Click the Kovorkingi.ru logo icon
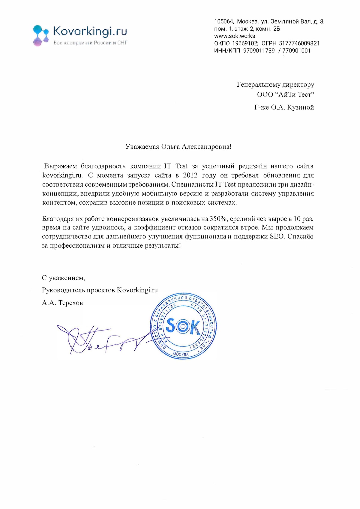point(40,35)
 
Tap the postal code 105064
point(223,22)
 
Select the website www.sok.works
point(234,36)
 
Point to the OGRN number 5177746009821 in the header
point(299,43)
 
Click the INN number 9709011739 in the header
point(259,50)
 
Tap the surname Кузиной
point(300,107)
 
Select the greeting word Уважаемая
point(142,147)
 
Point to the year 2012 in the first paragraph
point(190,175)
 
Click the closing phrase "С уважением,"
point(63,278)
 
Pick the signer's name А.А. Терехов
point(62,303)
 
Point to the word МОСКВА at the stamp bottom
point(181,354)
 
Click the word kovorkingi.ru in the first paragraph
point(62,175)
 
